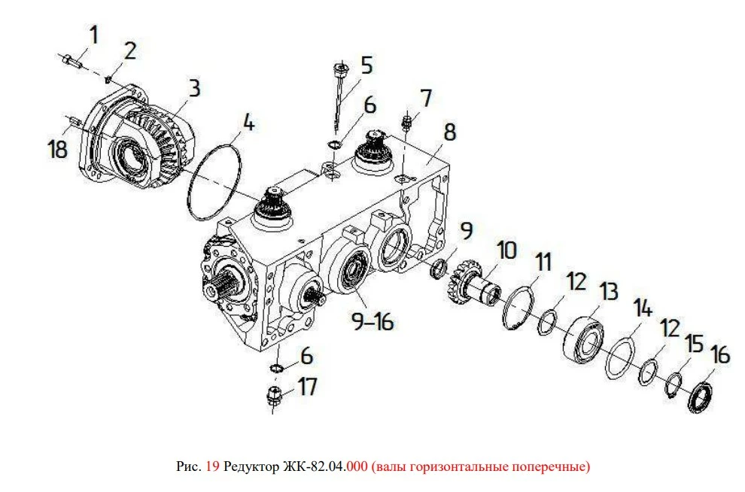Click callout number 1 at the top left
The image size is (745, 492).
click(93, 35)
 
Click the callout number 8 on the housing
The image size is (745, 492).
click(449, 132)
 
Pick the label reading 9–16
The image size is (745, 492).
click(373, 321)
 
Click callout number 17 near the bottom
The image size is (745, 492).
click(307, 387)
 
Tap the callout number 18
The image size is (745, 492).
click(57, 149)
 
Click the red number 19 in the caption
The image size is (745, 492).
click(212, 466)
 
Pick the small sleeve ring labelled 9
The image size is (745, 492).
click(438, 269)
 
